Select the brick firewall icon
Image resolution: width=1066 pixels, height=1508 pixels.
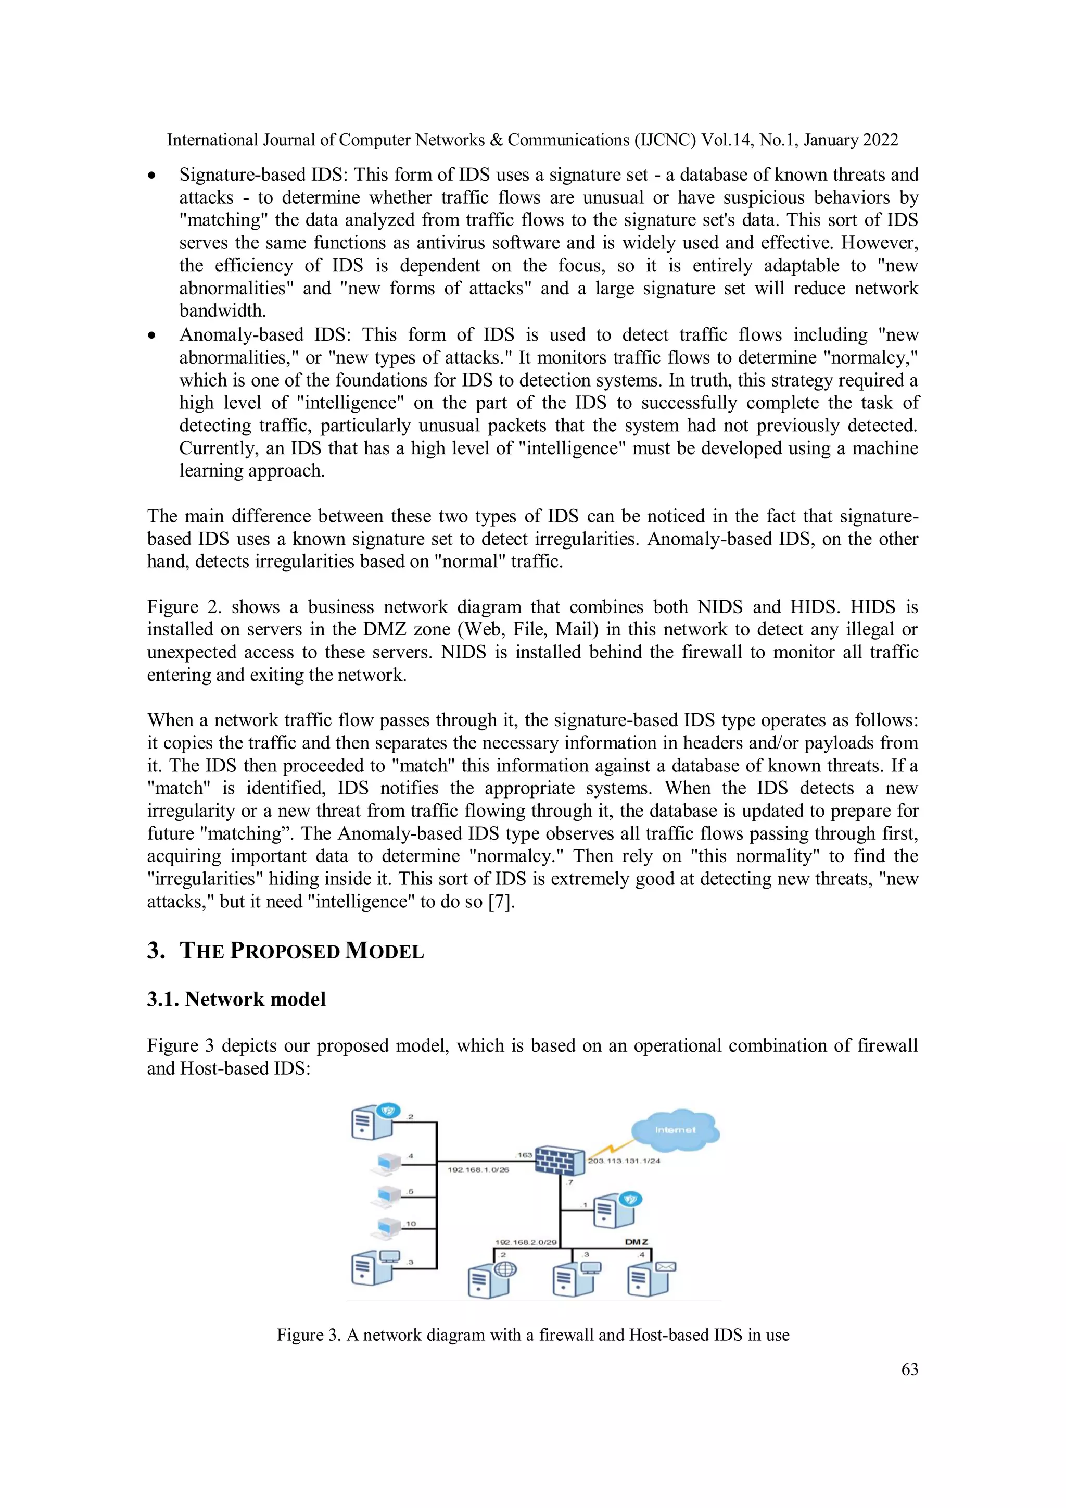coord(559,1161)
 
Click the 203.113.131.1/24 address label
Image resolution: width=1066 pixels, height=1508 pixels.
coord(624,1161)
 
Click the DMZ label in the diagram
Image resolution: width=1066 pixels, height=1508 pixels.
coord(636,1241)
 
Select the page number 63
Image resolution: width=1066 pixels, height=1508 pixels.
coord(909,1369)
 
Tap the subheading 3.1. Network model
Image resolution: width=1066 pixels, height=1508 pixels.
coord(236,999)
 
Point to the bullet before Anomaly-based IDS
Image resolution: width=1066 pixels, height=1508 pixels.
coord(151,335)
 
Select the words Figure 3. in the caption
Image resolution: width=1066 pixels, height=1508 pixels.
coord(309,1335)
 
